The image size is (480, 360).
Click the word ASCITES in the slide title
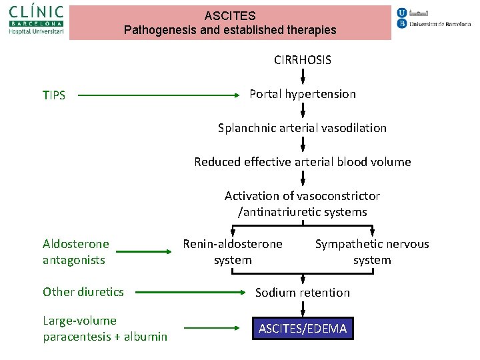coord(230,15)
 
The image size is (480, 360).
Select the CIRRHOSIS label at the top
coord(302,60)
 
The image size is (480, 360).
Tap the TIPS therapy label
coord(54,95)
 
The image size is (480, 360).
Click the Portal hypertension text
coord(302,94)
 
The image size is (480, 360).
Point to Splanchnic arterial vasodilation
coord(302,128)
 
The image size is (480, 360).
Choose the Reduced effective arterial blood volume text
coord(302,162)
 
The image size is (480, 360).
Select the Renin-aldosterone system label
coord(233,252)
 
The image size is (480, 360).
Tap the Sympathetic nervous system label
coord(371,252)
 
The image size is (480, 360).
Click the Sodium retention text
coord(302,293)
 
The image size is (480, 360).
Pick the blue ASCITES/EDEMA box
coord(303,328)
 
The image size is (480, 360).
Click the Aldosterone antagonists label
coord(75,252)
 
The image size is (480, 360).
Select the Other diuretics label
coord(83,292)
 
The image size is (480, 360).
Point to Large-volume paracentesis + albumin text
coord(105,329)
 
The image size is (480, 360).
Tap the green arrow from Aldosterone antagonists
coord(144,252)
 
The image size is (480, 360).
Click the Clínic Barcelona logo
coord(37,20)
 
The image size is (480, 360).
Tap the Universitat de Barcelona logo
coord(433,19)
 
